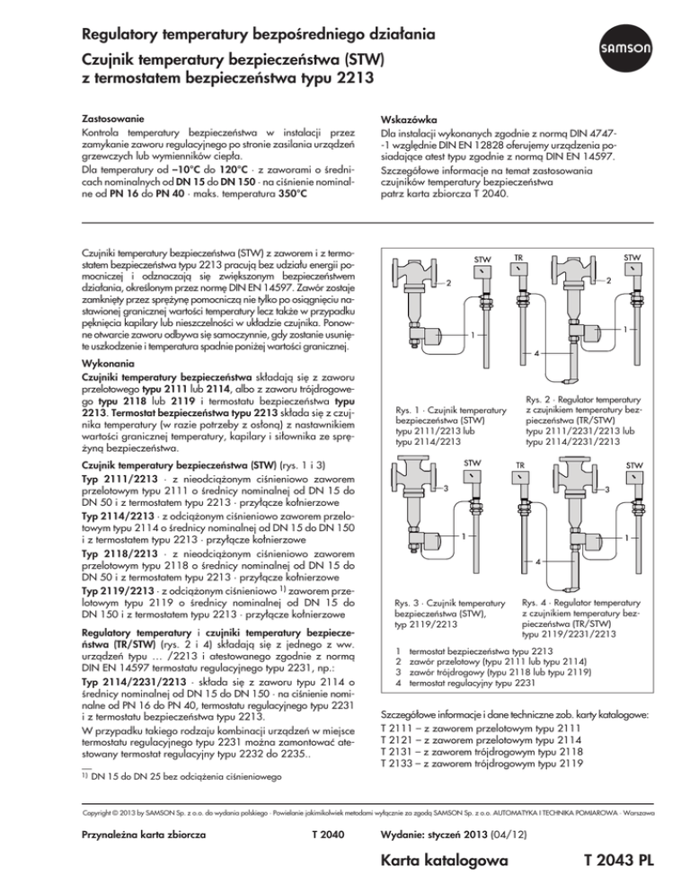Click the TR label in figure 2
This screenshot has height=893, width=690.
coord(519,257)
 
